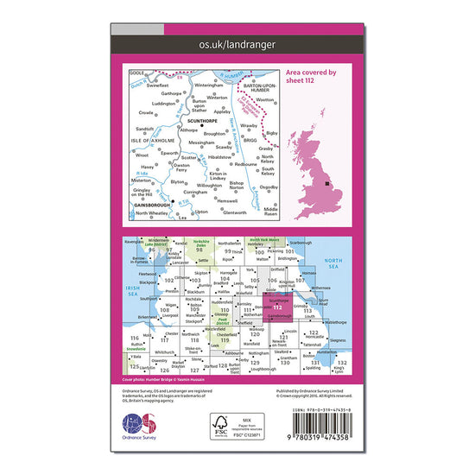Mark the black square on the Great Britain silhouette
point(326,183)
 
